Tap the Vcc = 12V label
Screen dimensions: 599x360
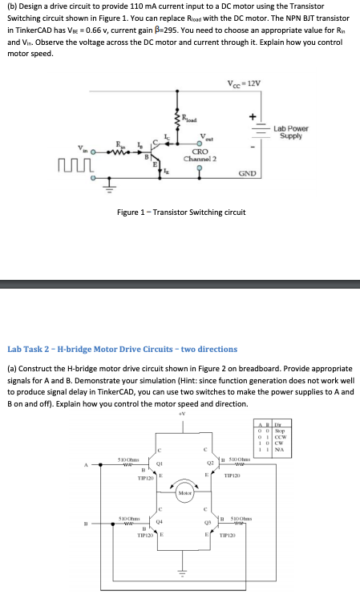[244, 84]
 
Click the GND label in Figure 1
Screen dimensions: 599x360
[246, 172]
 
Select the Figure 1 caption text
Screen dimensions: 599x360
[181, 212]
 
